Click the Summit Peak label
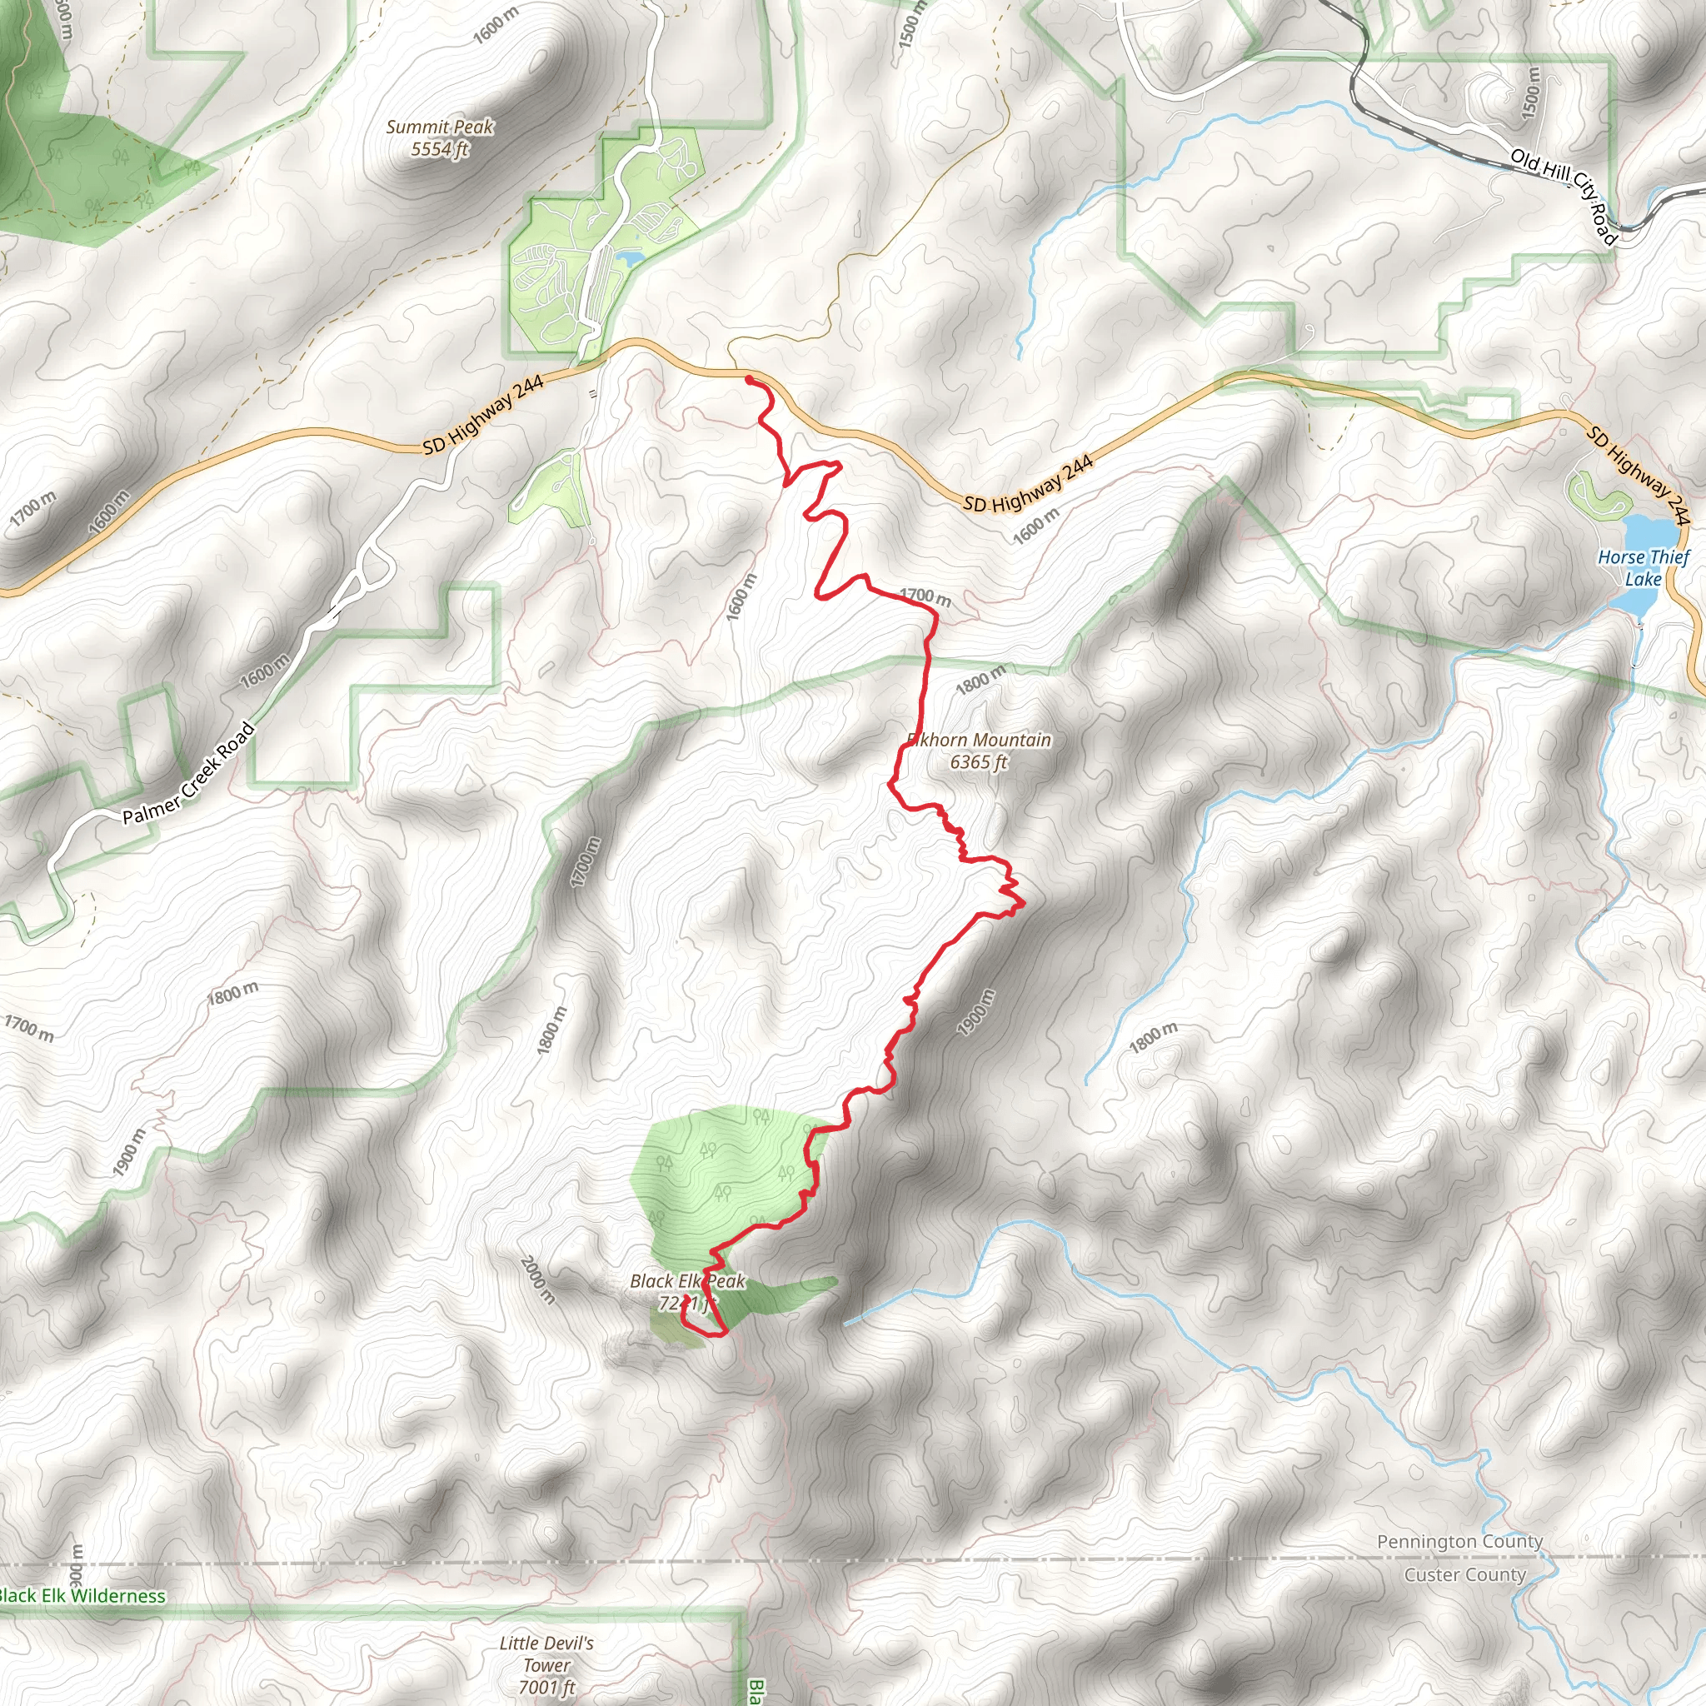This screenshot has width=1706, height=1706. (440, 137)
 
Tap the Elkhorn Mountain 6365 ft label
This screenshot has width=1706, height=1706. (980, 751)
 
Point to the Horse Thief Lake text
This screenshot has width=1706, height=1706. (1644, 568)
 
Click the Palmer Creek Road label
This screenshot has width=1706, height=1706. (189, 775)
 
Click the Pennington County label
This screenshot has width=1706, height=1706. (1459, 1541)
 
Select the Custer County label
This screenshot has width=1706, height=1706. (1465, 1574)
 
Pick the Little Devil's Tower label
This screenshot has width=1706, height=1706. (546, 1664)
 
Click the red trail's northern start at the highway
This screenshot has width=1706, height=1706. (749, 379)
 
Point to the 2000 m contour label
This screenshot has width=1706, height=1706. (538, 1280)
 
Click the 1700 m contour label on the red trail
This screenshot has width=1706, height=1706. (925, 597)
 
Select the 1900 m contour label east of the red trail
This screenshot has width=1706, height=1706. (975, 1012)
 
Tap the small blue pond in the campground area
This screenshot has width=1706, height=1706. (629, 258)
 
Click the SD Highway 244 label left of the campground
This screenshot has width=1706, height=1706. (483, 414)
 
